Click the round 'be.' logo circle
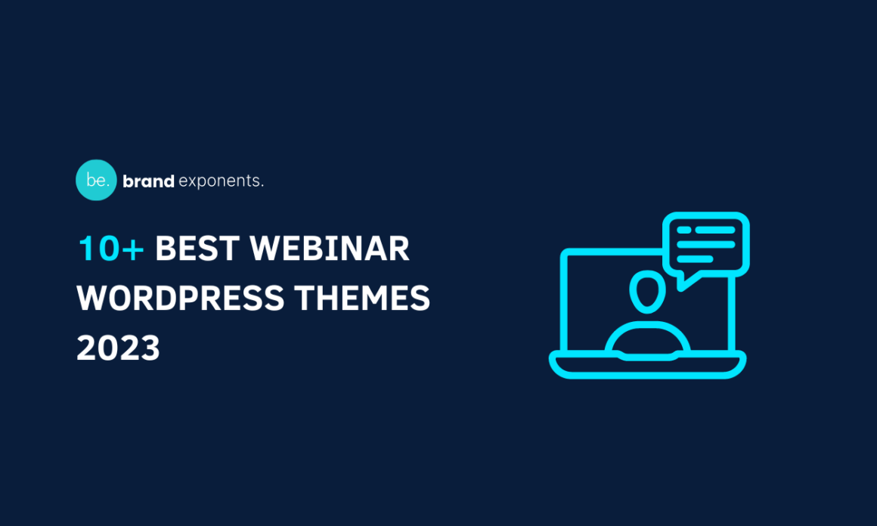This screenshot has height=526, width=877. click(x=96, y=180)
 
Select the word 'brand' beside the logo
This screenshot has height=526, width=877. click(x=148, y=181)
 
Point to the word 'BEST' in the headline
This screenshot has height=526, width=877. click(x=197, y=249)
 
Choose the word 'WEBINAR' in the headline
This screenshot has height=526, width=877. click(x=330, y=249)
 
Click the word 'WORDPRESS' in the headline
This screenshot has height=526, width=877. click(x=181, y=299)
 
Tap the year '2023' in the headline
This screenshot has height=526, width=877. click(x=119, y=348)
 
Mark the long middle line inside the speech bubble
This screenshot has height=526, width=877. click(x=705, y=244)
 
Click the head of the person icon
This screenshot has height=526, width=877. click(x=646, y=292)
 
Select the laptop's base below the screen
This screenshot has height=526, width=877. click(x=647, y=367)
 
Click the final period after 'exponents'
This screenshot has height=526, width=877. click(x=262, y=186)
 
